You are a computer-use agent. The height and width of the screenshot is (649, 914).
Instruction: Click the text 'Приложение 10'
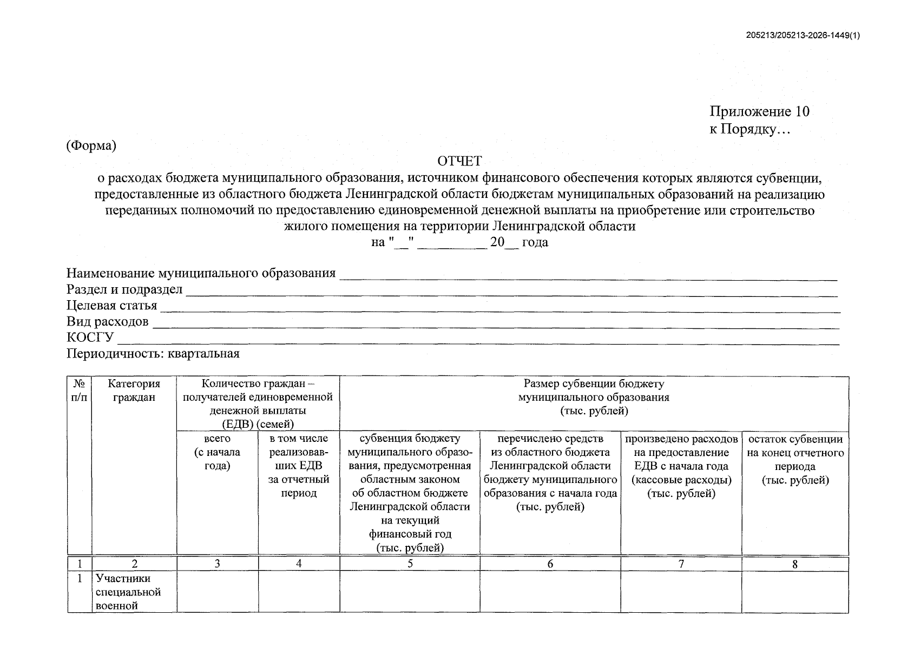(759, 112)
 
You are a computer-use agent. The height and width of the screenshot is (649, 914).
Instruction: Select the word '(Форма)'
(91, 145)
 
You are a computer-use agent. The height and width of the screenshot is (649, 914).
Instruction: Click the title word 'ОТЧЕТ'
(459, 161)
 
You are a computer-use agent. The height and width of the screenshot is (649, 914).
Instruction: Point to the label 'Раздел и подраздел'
(124, 290)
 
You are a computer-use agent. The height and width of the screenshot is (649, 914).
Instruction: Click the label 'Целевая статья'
(111, 306)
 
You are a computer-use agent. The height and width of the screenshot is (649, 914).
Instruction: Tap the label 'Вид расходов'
(107, 322)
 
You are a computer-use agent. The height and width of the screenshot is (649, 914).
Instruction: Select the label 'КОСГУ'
(90, 337)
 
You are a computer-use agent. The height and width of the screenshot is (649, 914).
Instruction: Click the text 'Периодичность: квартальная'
(153, 354)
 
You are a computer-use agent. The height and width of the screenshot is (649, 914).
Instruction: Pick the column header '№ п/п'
(79, 390)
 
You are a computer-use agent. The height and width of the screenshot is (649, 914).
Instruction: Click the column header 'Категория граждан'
(134, 390)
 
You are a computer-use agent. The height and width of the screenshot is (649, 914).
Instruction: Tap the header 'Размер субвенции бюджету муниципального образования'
(594, 398)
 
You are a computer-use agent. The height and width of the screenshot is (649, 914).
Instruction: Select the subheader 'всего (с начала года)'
(217, 452)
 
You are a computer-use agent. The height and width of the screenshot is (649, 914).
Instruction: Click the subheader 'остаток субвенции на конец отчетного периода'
(795, 460)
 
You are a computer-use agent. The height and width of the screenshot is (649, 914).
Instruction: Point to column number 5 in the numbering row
(410, 564)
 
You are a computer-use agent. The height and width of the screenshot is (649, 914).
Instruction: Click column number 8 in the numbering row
(794, 564)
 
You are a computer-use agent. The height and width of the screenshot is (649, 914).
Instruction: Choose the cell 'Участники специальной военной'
(129, 592)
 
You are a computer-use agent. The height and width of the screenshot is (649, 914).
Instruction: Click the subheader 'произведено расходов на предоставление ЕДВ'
(681, 466)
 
